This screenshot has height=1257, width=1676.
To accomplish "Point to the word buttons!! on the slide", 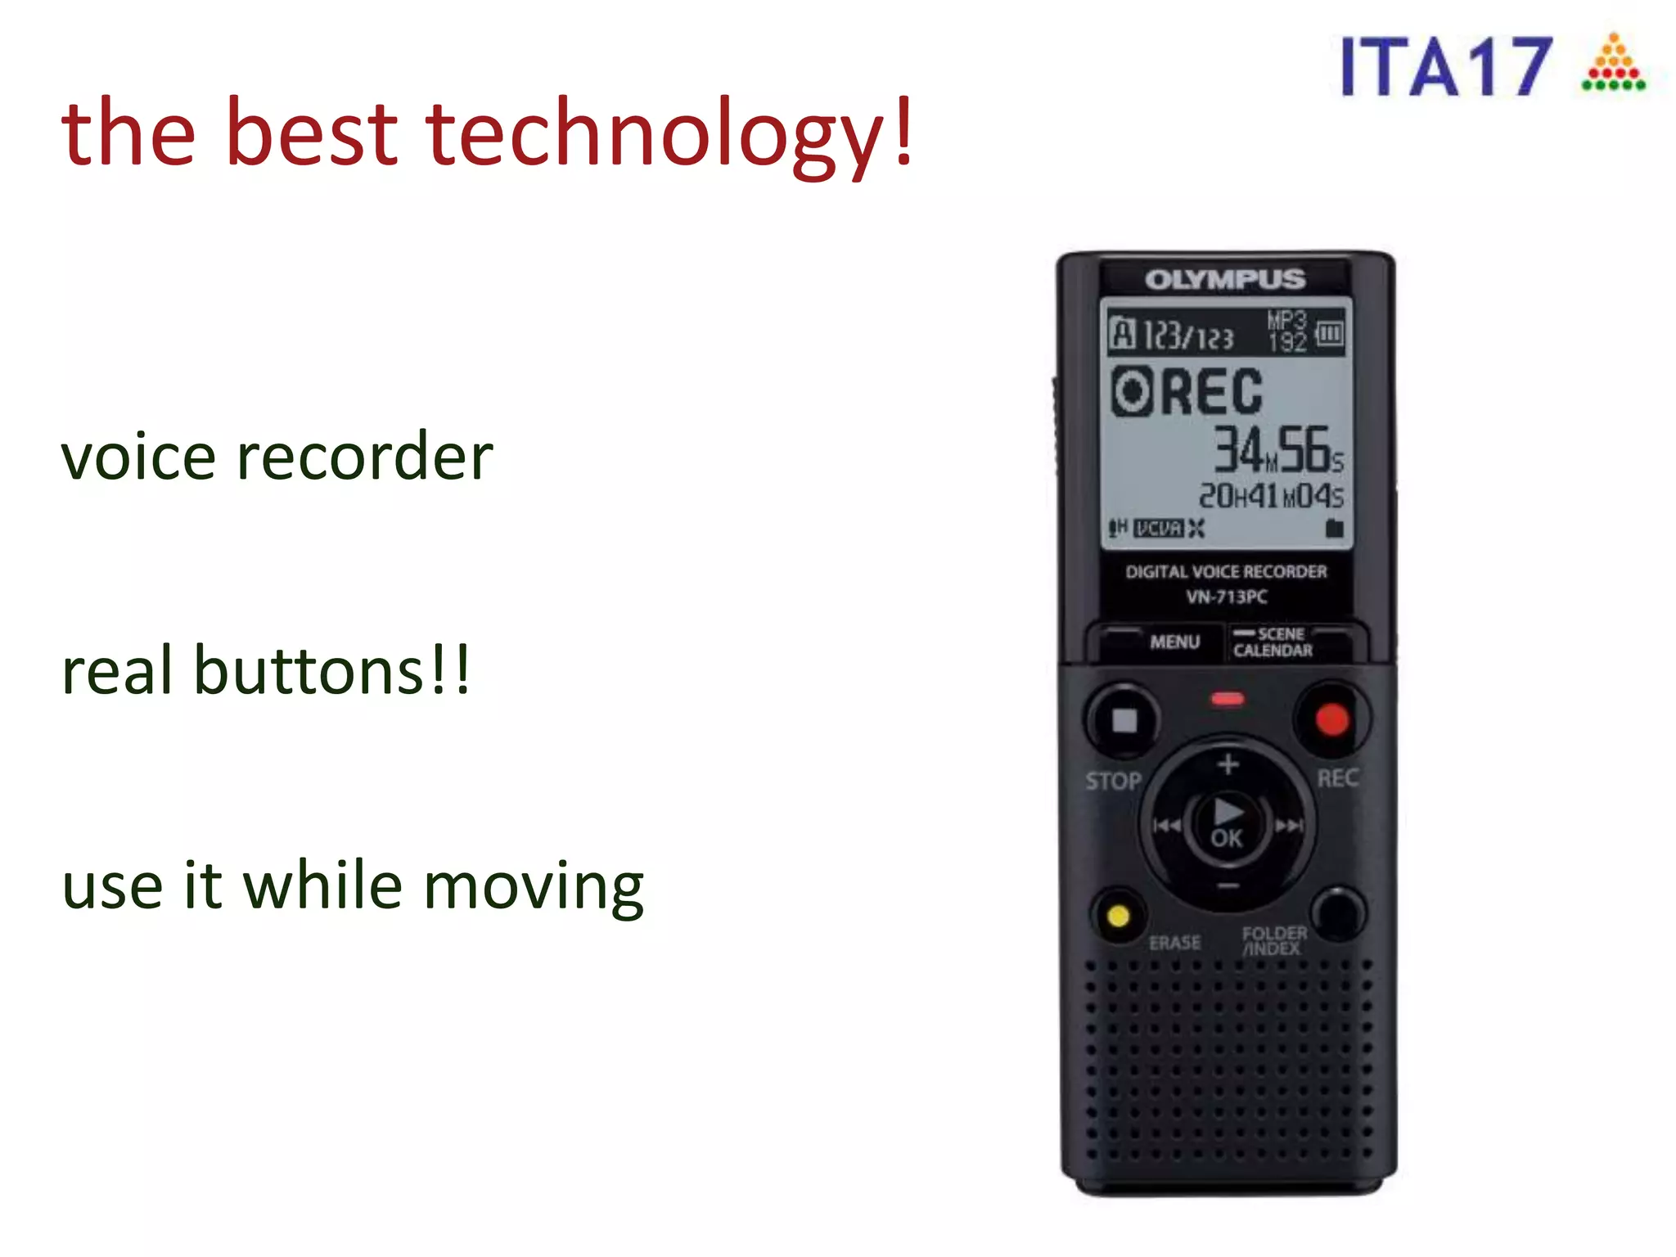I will click(331, 670).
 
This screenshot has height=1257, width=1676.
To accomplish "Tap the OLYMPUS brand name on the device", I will click(1225, 280).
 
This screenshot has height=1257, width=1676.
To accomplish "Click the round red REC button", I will click(1331, 719).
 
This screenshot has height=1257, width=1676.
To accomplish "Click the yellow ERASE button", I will click(1118, 915).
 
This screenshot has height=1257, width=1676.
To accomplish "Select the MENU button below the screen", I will click(1174, 642).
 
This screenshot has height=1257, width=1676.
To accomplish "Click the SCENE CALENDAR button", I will click(1273, 642).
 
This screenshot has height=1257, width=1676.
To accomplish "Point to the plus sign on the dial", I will click(1228, 764).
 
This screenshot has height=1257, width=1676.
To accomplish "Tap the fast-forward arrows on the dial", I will click(1289, 826).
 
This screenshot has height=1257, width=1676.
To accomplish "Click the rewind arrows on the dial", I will click(1167, 826).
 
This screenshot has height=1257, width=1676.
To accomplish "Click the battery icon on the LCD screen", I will click(1330, 333).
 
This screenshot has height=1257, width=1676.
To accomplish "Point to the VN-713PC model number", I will click(1227, 597).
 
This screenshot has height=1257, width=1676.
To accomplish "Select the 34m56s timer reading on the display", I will click(1277, 450).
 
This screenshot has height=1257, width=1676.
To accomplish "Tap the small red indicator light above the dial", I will click(1228, 699).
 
